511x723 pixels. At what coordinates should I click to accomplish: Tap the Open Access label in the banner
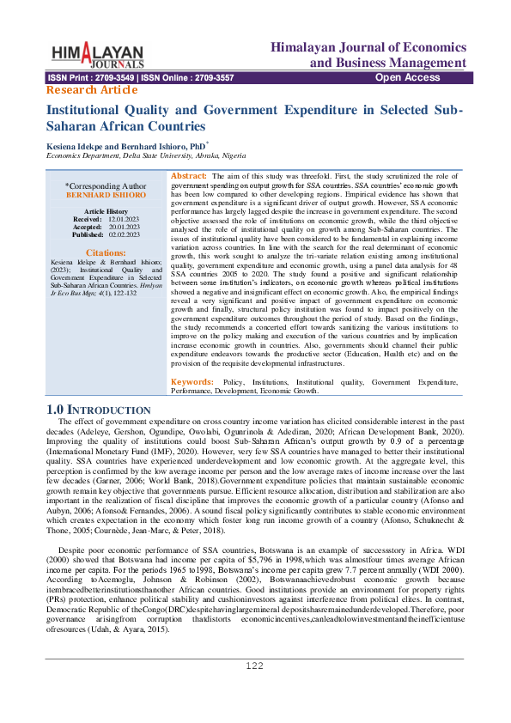pyautogui.click(x=408, y=78)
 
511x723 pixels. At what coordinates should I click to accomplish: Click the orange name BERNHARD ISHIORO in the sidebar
pyautogui.click(x=106, y=195)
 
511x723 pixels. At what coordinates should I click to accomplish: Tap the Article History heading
pyautogui.click(x=106, y=211)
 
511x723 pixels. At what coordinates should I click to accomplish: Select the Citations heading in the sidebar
pyautogui.click(x=106, y=253)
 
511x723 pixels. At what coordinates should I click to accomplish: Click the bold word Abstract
pyautogui.click(x=189, y=175)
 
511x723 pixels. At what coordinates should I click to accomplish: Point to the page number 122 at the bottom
pyautogui.click(x=255, y=690)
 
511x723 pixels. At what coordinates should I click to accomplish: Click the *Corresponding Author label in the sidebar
pyautogui.click(x=106, y=185)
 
